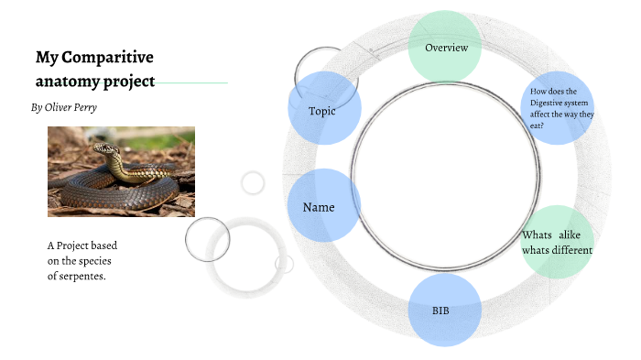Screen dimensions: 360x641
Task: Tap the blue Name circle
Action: (323, 206)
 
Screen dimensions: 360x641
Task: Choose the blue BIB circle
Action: (444, 311)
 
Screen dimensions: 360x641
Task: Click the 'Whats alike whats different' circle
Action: (557, 243)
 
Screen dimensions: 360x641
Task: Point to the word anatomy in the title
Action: (68, 81)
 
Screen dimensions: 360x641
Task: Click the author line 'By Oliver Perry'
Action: (64, 107)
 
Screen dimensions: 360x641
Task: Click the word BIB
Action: (440, 311)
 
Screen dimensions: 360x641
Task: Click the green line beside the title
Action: (191, 82)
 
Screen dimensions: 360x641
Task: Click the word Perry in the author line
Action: (81, 107)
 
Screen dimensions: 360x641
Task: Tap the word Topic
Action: (322, 111)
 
